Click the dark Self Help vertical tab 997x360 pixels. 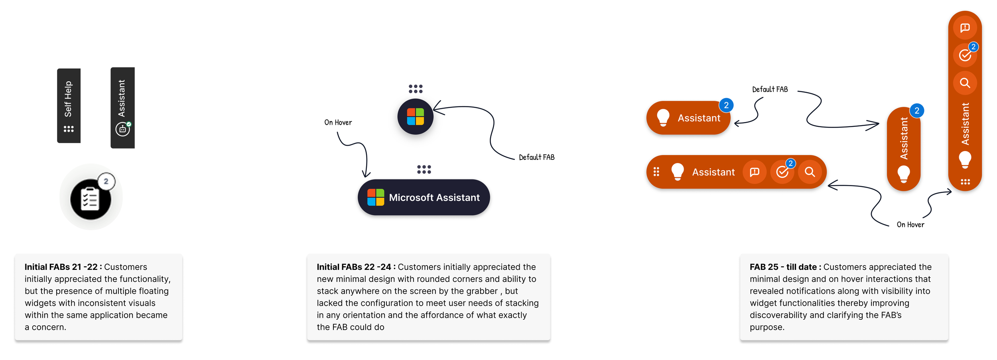click(69, 105)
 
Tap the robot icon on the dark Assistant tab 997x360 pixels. click(122, 129)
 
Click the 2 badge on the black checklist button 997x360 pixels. click(106, 181)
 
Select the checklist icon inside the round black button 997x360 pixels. click(90, 199)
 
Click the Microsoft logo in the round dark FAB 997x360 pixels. click(415, 116)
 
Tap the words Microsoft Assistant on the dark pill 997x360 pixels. click(434, 198)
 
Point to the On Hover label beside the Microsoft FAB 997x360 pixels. click(338, 122)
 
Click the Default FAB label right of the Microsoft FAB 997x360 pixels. click(536, 157)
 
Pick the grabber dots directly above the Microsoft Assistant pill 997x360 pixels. click(424, 169)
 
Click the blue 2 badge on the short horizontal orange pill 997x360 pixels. click(726, 105)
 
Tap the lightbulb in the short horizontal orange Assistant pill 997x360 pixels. click(663, 118)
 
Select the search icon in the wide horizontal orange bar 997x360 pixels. click(810, 172)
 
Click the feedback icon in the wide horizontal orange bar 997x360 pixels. click(755, 172)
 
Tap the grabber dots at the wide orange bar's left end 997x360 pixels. click(656, 172)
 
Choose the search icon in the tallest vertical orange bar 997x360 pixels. click(965, 83)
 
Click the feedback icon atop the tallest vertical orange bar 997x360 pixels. click(965, 28)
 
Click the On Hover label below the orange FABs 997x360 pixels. click(910, 225)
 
